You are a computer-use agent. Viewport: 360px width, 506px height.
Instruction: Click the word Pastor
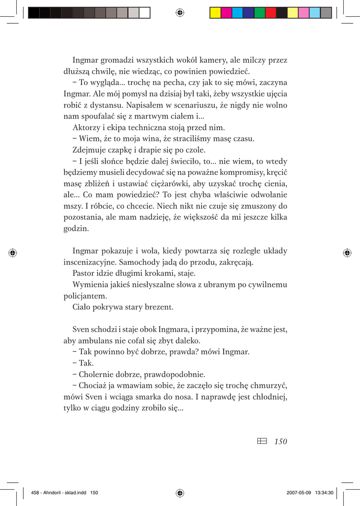coord(83,273)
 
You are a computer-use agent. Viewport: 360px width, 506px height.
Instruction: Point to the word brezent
coord(158,307)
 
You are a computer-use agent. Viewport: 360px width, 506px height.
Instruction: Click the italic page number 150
coord(280,441)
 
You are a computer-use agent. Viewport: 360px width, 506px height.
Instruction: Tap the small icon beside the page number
coord(262,441)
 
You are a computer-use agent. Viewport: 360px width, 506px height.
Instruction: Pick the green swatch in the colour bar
coord(260,13)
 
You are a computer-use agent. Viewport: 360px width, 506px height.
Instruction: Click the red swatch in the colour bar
coord(271,13)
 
